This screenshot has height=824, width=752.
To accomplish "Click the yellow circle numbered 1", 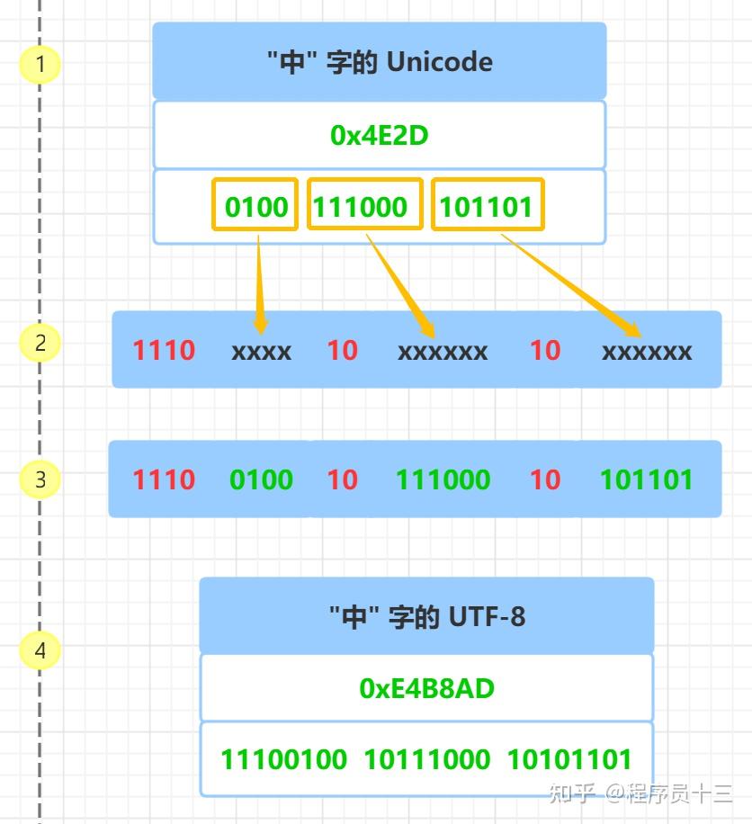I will [40, 65].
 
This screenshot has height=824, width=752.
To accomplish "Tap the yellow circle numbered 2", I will [40, 343].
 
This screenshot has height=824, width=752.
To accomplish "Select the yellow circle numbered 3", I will [40, 479].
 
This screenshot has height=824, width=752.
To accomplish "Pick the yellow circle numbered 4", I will [40, 650].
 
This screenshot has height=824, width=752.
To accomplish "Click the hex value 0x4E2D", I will [379, 135].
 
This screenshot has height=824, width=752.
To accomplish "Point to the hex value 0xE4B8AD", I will [426, 688].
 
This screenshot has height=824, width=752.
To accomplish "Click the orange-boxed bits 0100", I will [255, 206].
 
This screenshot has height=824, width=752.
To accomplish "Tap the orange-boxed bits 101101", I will [487, 206].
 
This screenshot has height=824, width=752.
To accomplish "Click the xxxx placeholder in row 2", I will [261, 351].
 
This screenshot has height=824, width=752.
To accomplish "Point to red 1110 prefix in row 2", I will [164, 350].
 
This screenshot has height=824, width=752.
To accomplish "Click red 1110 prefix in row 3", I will [164, 479].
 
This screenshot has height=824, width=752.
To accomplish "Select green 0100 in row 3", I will [261, 479].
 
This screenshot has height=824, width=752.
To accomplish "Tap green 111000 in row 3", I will [443, 479].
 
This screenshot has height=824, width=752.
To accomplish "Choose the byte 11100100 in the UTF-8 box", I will [283, 759].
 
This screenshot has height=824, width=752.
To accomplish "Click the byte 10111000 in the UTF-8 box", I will [426, 759].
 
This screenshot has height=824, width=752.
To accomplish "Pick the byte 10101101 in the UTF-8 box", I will [569, 759].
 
